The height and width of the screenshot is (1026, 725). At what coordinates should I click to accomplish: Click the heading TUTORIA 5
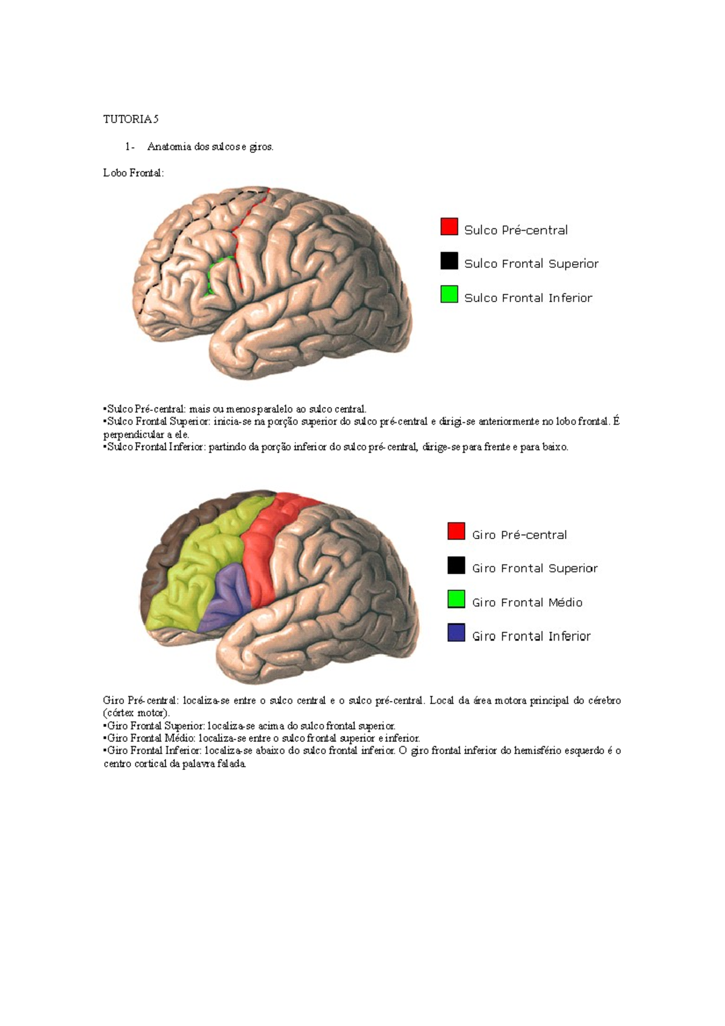click(130, 119)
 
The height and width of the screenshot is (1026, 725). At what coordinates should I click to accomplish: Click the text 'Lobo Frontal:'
click(133, 173)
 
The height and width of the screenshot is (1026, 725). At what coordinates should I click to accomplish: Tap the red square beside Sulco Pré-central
click(449, 227)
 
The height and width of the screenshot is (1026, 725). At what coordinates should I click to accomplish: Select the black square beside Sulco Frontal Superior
click(449, 260)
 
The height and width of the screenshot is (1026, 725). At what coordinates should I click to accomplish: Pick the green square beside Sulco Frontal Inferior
click(449, 294)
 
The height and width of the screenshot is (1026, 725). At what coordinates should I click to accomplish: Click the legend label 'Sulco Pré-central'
click(515, 230)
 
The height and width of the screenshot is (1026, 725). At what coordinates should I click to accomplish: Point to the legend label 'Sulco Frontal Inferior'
click(528, 298)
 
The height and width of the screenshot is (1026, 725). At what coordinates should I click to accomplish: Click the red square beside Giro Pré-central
click(456, 531)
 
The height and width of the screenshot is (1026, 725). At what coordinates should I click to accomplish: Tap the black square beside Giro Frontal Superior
click(456, 565)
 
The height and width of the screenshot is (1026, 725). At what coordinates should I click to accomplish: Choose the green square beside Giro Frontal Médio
click(456, 599)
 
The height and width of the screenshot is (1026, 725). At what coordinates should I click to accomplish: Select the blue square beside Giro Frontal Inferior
click(456, 633)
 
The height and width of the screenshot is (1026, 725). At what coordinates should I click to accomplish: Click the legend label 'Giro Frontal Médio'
click(527, 602)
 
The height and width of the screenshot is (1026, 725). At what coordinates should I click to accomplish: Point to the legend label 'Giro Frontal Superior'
click(535, 569)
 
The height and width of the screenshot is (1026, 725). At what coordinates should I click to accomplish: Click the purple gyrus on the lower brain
click(227, 595)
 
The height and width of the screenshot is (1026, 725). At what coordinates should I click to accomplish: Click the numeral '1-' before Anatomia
click(129, 147)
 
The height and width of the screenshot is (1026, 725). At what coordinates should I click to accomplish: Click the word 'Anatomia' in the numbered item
click(169, 147)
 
